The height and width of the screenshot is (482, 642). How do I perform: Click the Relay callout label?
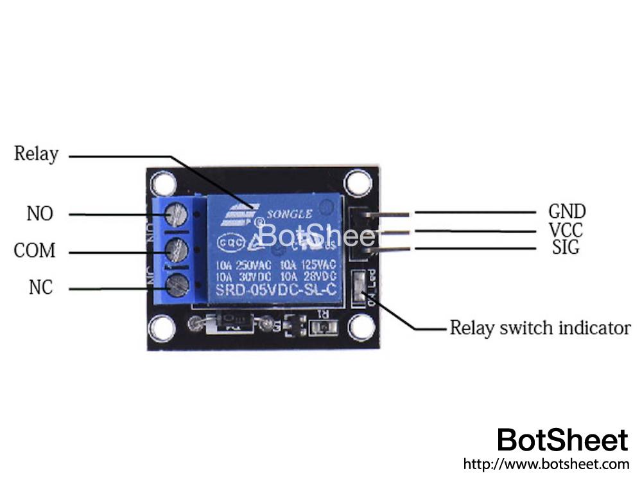pyautogui.click(x=36, y=154)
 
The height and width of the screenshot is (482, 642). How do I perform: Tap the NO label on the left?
pyautogui.click(x=40, y=213)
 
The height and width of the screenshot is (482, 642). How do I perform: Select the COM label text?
pyautogui.click(x=35, y=251)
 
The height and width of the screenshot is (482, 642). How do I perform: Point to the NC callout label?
pyautogui.click(x=40, y=288)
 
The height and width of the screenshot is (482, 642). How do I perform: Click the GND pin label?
pyautogui.click(x=567, y=211)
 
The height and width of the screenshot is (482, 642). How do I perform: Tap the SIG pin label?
pyautogui.click(x=566, y=247)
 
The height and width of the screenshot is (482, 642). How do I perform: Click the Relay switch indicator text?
pyautogui.click(x=540, y=328)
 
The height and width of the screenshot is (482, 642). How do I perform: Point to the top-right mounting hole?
pyautogui.click(x=358, y=183)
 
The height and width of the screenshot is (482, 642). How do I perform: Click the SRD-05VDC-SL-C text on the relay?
pyautogui.click(x=276, y=290)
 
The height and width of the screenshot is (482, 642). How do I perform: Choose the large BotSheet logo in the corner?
pyautogui.click(x=562, y=440)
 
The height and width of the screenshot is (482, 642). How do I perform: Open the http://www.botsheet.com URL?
pyautogui.click(x=546, y=463)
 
